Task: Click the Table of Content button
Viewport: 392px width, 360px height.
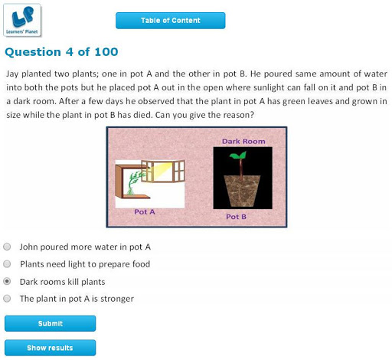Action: click(171, 21)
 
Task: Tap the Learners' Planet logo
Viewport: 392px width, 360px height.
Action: click(22, 20)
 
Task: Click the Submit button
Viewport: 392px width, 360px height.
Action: click(51, 323)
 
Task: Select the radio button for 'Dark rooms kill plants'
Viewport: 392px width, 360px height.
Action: click(7, 281)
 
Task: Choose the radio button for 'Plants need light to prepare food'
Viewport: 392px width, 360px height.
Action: click(7, 263)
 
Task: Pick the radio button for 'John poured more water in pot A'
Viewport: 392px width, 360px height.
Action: click(7, 247)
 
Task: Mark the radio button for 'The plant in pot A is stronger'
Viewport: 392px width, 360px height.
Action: click(7, 298)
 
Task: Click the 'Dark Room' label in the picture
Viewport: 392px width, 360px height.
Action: click(243, 142)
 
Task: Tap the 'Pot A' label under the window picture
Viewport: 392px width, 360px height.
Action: click(145, 212)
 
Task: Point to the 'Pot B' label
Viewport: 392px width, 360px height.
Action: click(236, 217)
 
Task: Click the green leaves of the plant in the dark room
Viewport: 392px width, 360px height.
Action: click(239, 155)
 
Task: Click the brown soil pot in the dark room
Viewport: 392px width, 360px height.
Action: click(242, 191)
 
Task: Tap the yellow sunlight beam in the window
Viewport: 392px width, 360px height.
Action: click(162, 170)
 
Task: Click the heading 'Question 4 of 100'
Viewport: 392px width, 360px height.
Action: click(61, 52)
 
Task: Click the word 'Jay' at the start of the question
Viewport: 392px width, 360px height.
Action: click(12, 74)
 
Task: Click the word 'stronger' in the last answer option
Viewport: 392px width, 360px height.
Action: click(117, 299)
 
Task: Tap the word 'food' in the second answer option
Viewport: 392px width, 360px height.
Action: click(141, 264)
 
